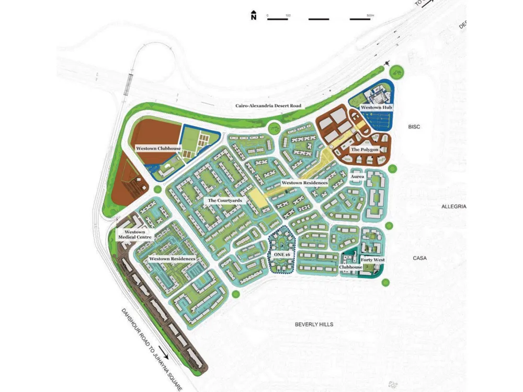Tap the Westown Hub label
coord(376,108)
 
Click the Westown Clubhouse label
coord(158,148)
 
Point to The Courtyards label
coord(224,200)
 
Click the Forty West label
coord(372,260)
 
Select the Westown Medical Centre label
coord(134,234)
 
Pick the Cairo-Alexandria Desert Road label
coord(268,106)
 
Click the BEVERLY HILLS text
coord(314,325)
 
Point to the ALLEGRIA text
coord(453,207)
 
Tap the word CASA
coord(420,258)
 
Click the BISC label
coord(414,127)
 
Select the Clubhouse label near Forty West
coord(350,267)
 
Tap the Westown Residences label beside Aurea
coord(304,183)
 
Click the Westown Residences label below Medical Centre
coord(172,259)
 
